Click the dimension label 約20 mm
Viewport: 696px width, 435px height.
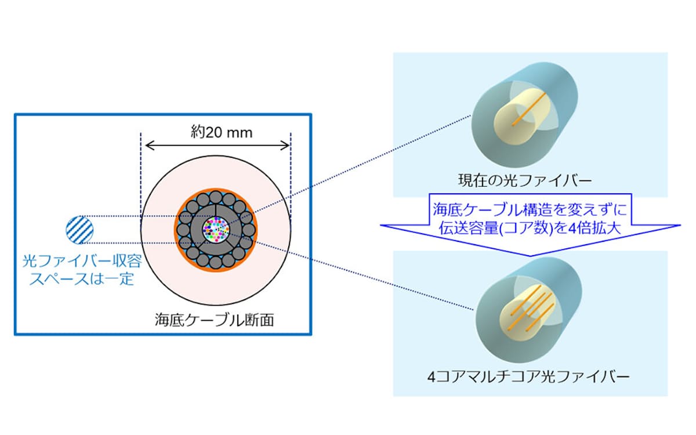tap(215, 132)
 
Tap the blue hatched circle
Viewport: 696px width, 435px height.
tap(79, 229)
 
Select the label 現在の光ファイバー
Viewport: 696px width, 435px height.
tap(530, 181)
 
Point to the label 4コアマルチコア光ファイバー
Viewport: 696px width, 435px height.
tap(530, 378)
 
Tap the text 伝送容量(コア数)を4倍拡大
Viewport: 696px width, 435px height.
tap(530, 227)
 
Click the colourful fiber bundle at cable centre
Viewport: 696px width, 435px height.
tap(215, 230)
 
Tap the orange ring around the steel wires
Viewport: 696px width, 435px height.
tap(177, 230)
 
